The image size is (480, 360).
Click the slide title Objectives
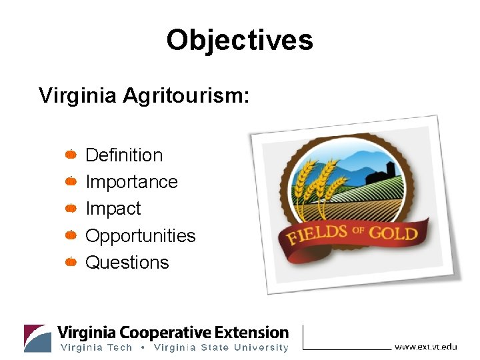239,40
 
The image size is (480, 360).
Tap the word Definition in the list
124,155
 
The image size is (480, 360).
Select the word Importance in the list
131,182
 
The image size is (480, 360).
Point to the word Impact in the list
113,209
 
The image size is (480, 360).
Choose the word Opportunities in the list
141,236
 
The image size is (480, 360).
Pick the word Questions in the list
127,263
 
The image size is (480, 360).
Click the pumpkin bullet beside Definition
71,155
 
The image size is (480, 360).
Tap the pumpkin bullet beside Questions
71,262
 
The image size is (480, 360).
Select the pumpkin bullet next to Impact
71,209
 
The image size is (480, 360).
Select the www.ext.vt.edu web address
426,346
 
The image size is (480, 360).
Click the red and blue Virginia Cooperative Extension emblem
37,338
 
